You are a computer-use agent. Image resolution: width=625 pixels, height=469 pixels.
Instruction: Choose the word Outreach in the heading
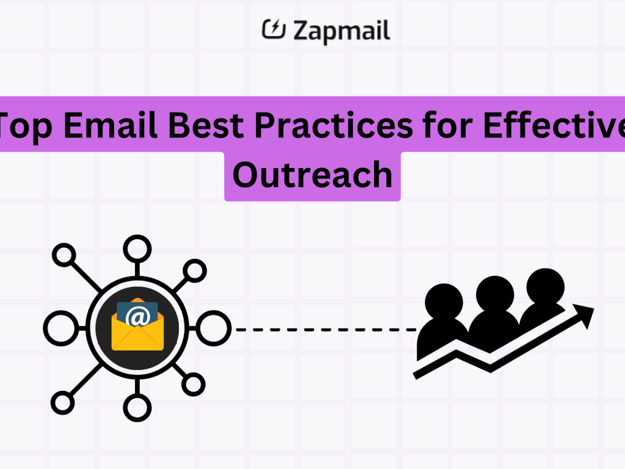point(312,175)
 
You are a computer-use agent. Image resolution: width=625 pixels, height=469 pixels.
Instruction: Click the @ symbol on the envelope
point(137,317)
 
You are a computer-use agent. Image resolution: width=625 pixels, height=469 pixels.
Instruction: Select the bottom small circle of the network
point(137,407)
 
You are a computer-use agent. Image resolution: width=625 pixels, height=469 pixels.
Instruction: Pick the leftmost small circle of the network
point(58,328)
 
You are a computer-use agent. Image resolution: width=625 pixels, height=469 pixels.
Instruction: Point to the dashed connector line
point(323,329)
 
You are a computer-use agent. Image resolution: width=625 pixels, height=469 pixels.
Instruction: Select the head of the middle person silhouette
point(494,293)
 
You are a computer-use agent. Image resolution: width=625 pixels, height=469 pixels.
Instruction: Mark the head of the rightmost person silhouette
point(545,285)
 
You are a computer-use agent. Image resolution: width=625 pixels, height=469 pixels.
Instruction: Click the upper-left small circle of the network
point(63,255)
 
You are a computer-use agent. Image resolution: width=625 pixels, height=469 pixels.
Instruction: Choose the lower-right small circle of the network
point(193,384)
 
